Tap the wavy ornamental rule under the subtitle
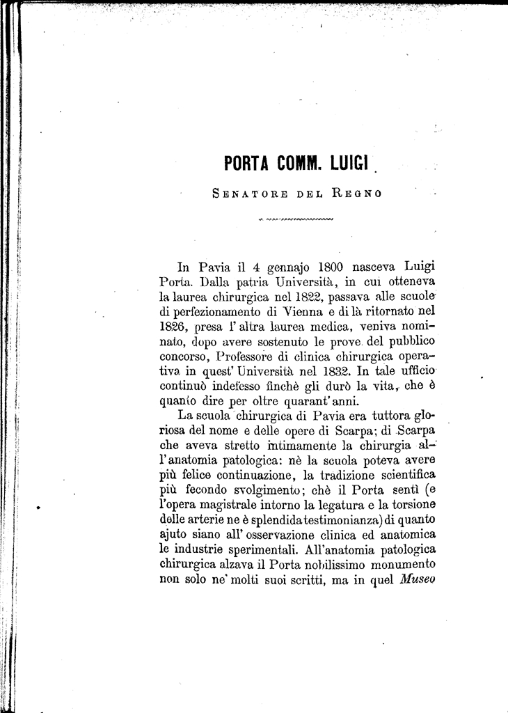click(x=296, y=222)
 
